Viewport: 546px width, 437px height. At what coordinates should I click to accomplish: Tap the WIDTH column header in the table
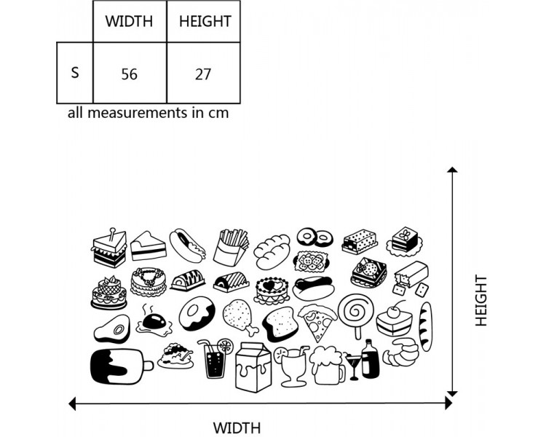click(130, 21)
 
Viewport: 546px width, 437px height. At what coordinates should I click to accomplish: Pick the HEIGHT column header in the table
click(205, 21)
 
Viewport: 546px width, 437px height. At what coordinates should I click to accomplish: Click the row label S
click(75, 74)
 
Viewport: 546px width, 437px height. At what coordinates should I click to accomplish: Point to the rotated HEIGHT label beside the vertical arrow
click(481, 300)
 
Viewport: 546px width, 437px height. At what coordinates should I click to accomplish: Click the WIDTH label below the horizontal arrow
click(237, 428)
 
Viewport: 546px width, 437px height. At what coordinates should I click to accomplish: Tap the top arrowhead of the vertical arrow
click(453, 171)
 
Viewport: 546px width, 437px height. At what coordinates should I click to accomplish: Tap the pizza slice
click(317, 323)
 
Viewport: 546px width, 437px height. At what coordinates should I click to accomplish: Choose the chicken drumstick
click(237, 318)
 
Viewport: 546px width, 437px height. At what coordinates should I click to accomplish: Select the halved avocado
click(111, 328)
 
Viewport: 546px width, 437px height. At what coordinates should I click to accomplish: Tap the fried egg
click(154, 321)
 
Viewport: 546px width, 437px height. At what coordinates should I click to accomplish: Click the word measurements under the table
click(147, 113)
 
